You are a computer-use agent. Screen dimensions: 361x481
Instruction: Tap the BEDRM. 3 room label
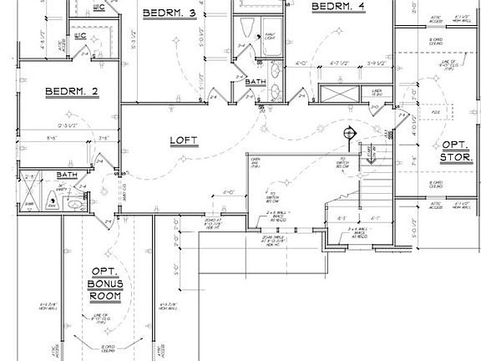169,13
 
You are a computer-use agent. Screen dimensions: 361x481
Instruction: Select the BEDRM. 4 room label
338,7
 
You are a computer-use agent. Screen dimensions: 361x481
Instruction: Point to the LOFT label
184,140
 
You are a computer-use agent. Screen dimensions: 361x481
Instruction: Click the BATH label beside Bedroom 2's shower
67,175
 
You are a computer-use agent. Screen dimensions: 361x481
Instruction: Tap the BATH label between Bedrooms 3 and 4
256,82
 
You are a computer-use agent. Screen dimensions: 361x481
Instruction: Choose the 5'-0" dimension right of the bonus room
176,270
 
